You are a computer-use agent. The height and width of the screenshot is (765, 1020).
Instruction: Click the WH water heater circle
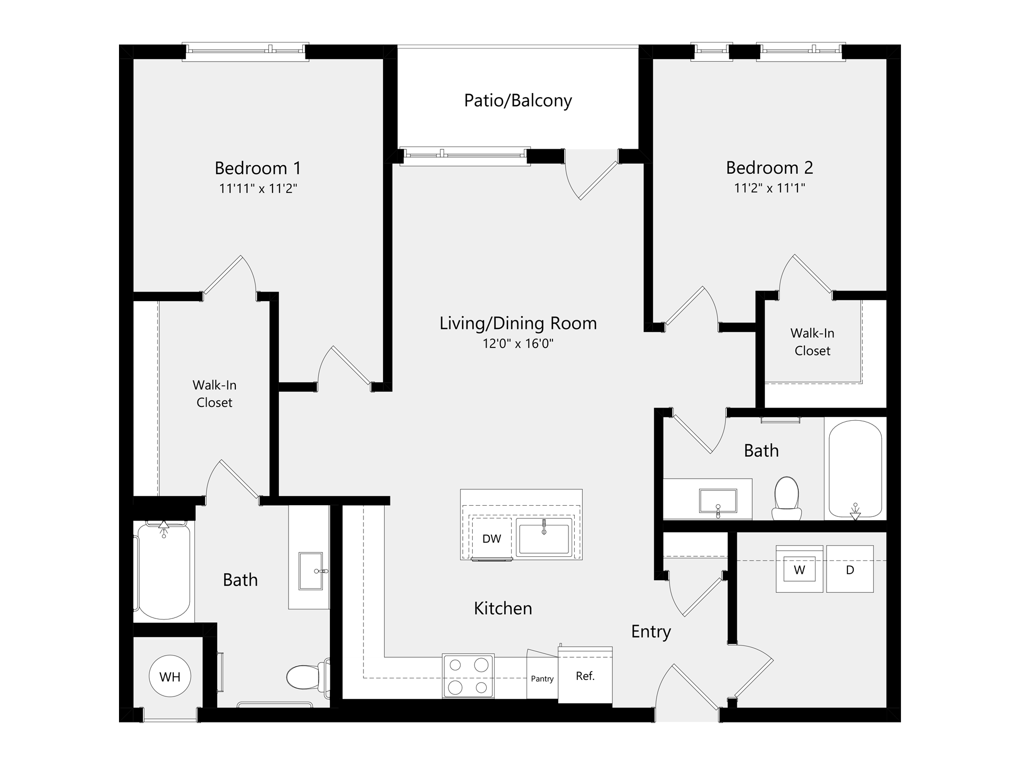(x=170, y=676)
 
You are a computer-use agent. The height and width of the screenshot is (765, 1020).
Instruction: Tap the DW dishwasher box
(x=491, y=539)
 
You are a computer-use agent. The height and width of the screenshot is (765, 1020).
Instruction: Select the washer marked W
(x=799, y=570)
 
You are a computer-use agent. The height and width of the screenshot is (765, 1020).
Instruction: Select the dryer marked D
(x=850, y=570)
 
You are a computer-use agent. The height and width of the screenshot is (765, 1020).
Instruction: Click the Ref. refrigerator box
(x=585, y=676)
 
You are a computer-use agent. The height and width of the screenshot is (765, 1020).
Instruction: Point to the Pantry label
(x=542, y=679)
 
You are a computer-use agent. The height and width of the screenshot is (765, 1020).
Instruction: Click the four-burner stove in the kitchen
(x=468, y=676)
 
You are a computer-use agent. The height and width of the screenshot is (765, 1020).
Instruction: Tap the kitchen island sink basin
(x=544, y=538)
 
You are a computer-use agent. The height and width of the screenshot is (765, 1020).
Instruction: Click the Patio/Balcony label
(x=518, y=100)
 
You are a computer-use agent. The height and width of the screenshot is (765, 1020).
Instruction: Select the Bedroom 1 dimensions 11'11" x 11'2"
(x=258, y=189)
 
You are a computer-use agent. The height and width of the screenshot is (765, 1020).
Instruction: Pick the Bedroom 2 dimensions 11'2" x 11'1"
(x=770, y=188)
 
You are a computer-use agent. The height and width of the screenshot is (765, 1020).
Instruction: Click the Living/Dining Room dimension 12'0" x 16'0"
(x=518, y=344)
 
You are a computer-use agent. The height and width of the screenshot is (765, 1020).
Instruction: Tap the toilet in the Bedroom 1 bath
(x=305, y=676)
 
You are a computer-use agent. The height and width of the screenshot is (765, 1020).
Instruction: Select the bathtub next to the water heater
(x=163, y=571)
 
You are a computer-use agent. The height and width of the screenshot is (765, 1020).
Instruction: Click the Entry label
(x=651, y=632)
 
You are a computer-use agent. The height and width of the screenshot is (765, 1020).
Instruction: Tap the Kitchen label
(x=503, y=608)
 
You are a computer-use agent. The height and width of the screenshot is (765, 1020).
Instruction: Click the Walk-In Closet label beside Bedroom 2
(x=812, y=342)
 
